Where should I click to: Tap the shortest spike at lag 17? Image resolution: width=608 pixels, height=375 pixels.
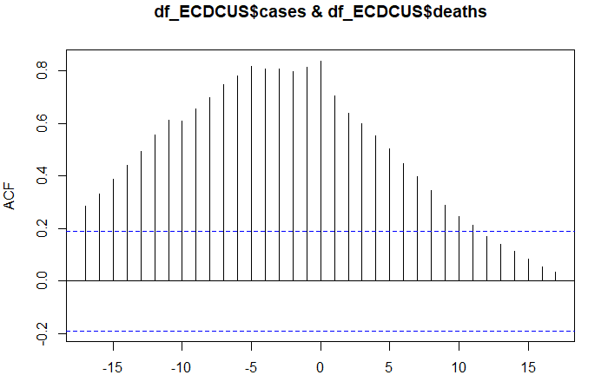(556, 277)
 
